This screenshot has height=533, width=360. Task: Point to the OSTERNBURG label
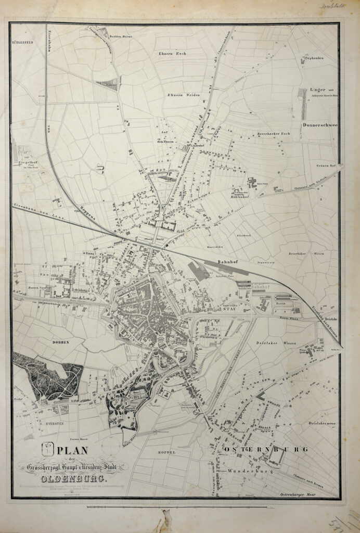tap(267, 449)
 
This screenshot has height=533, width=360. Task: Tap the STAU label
tap(230, 309)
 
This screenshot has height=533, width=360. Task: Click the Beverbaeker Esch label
tap(274, 134)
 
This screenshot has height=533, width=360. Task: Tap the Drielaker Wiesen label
tap(275, 344)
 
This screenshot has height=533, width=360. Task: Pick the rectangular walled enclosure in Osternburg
tap(276, 456)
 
